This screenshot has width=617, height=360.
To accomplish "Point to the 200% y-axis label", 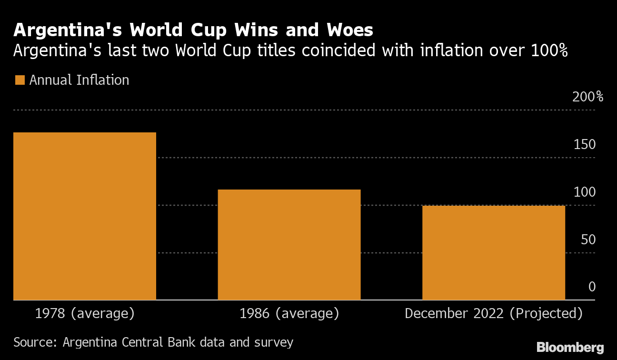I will [x=587, y=97].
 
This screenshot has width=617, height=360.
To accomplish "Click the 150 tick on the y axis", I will [x=585, y=144].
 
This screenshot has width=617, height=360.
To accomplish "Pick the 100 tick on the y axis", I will [x=585, y=192].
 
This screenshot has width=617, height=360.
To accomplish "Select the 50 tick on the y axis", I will [x=588, y=239].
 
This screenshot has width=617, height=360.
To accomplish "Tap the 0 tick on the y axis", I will [x=592, y=287].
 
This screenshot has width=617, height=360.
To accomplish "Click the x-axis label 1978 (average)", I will [x=85, y=314].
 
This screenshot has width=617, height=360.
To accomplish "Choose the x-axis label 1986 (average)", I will [x=289, y=314].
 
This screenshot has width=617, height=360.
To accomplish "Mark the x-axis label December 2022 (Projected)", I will [x=493, y=314].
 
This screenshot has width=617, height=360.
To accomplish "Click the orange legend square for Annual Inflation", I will [x=20, y=80].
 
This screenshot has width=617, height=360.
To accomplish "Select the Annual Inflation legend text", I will [x=79, y=80].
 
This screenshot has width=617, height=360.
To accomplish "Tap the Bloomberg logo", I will [x=570, y=347].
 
